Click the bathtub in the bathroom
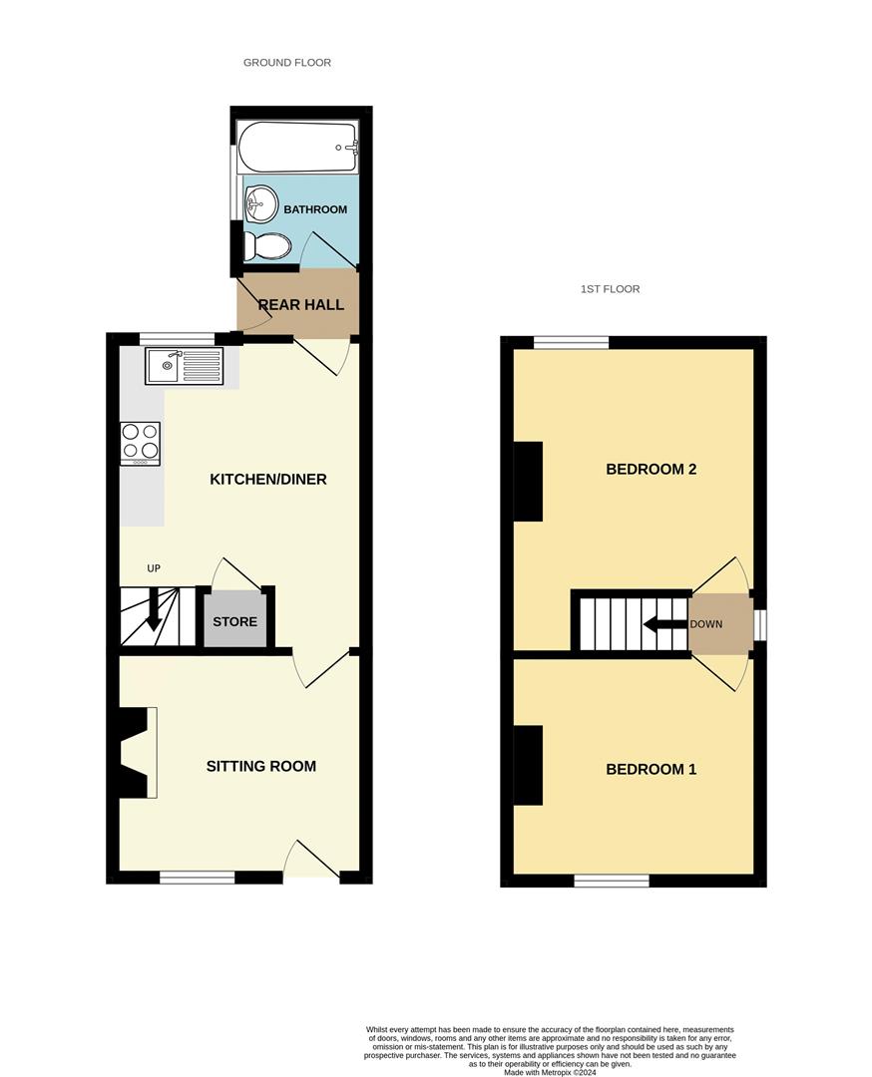point(297,148)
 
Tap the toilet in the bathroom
point(268,245)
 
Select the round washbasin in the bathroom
point(260,203)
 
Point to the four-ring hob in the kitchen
point(140,444)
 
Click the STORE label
point(234,621)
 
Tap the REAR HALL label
point(301,304)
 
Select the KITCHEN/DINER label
point(267,480)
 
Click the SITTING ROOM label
point(261,766)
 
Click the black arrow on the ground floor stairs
point(153,609)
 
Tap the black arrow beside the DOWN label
point(663,625)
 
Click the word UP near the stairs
point(154,568)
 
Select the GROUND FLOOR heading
point(287,63)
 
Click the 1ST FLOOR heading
point(610,289)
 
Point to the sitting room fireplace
point(138,752)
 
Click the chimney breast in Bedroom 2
point(528,482)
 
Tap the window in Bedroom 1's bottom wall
point(611,881)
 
